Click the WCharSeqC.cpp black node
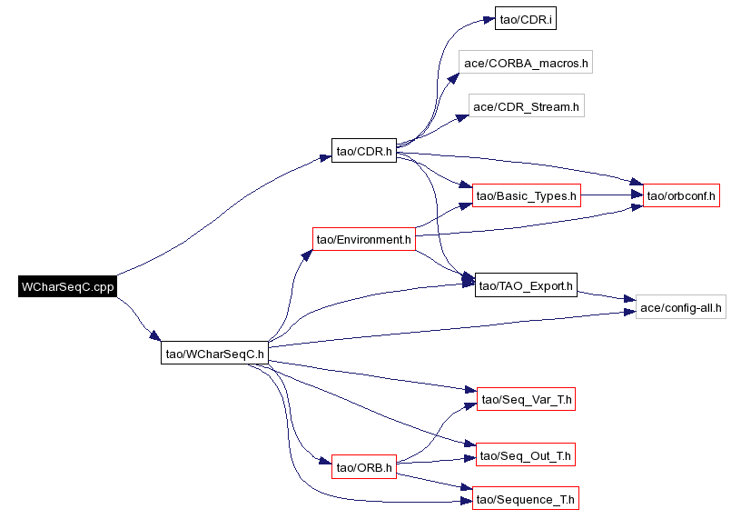point(67,286)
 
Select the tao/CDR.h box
point(364,151)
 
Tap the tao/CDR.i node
point(526,18)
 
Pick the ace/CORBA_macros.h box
point(526,62)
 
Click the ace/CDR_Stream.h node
point(527,105)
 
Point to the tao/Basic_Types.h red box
point(527,195)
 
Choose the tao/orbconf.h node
point(681,195)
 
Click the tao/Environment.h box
point(364,239)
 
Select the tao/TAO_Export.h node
point(526,284)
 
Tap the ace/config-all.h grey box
point(680,307)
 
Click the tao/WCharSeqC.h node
point(214,353)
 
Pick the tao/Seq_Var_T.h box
point(526,399)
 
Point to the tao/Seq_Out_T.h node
point(526,454)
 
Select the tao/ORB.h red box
point(364,467)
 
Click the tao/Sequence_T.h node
point(526,498)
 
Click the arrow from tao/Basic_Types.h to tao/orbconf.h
point(612,195)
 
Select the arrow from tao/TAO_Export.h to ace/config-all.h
point(607,295)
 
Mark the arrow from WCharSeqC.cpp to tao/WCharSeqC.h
point(138,318)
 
